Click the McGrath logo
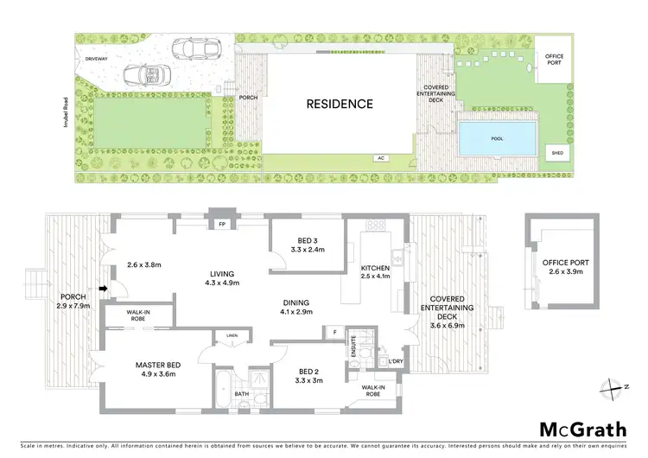click(x=584, y=430)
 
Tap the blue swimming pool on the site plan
click(x=497, y=137)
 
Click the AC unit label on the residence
click(x=380, y=158)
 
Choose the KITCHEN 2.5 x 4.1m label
click(x=375, y=272)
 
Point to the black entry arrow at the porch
click(x=103, y=289)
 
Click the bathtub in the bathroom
click(x=223, y=384)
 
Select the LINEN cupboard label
click(x=232, y=334)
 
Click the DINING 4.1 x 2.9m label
click(x=297, y=307)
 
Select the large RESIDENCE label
click(x=340, y=105)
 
